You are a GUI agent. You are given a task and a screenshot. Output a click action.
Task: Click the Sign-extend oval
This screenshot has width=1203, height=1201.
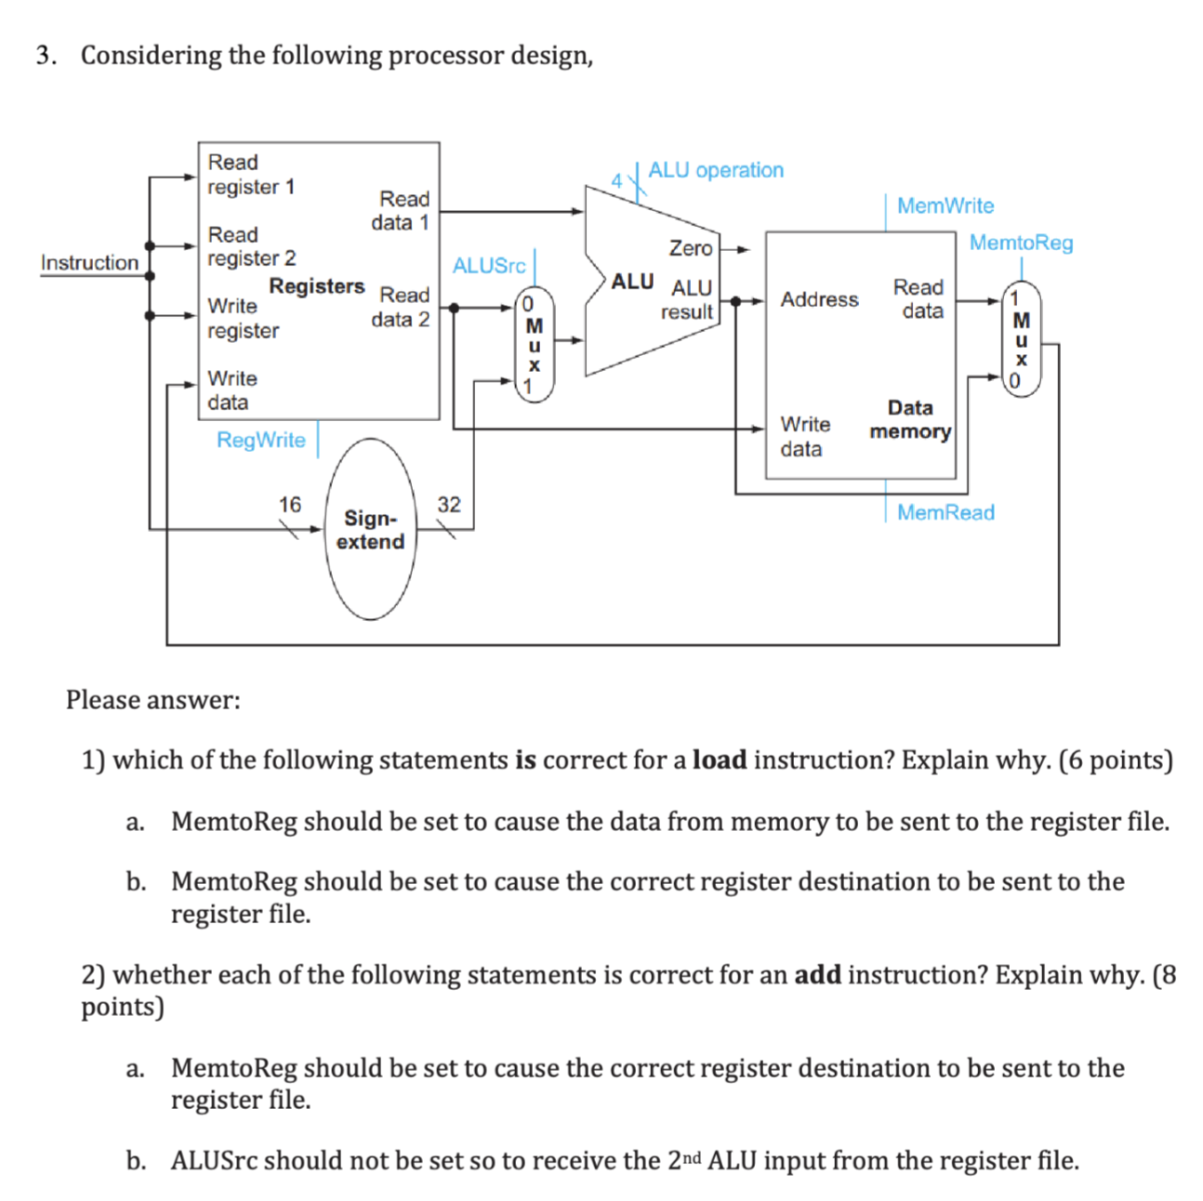(370, 529)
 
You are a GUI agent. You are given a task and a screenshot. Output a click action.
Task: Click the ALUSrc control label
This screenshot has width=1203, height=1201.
(489, 266)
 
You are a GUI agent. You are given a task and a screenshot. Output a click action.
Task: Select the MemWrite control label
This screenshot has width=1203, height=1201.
(945, 205)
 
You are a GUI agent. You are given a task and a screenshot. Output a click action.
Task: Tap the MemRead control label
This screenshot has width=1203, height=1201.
(945, 512)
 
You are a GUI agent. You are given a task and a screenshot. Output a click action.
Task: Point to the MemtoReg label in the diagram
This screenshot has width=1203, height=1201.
(1021, 243)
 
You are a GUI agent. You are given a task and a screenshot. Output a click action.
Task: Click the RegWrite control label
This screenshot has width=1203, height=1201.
(260, 440)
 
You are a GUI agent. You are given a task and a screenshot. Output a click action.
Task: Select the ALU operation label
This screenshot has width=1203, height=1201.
(715, 170)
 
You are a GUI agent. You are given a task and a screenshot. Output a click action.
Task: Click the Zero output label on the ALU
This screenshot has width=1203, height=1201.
(690, 248)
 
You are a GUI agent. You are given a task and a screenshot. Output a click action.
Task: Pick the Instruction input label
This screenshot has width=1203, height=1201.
(89, 263)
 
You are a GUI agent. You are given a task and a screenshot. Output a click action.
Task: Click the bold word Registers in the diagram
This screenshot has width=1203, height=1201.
(316, 285)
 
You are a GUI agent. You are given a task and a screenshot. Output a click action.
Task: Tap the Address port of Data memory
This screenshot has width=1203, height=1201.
(819, 299)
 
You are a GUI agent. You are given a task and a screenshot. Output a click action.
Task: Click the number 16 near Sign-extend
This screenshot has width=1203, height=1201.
(290, 504)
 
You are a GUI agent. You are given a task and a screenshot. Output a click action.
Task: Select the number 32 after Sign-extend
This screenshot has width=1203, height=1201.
(449, 504)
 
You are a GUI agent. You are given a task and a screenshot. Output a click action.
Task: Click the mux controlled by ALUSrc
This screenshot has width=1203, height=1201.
(534, 343)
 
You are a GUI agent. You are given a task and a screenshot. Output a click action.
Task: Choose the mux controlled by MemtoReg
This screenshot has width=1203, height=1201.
(1021, 338)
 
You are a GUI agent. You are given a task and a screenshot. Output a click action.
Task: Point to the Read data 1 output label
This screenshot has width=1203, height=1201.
(402, 211)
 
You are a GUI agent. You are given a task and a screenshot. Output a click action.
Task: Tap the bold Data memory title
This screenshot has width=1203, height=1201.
(909, 419)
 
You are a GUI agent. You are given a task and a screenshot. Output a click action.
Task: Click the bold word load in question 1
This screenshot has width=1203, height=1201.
(720, 760)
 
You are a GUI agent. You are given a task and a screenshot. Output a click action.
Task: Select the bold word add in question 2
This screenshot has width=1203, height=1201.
(817, 975)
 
